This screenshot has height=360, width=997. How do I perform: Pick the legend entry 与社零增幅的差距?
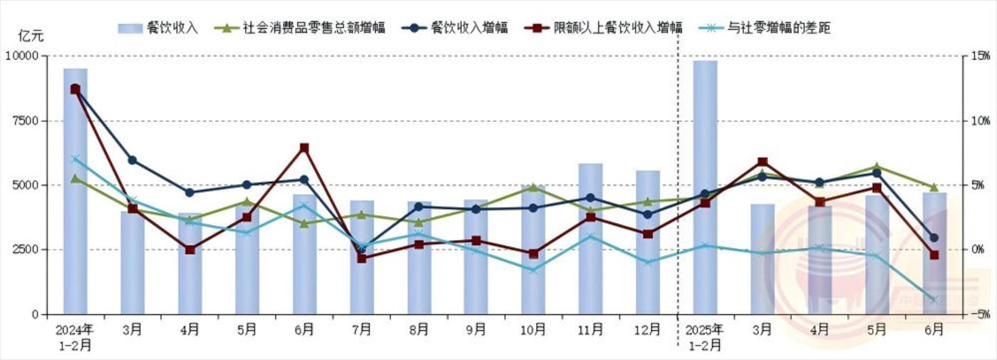point(778,28)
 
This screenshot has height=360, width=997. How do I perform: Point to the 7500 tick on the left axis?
point(24,120)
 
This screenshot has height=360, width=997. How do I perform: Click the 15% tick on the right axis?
point(978,56)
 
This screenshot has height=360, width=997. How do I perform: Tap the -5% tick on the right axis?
point(978,314)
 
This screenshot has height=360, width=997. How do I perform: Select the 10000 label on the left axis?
point(21,56)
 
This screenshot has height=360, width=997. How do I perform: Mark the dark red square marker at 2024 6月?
point(304,148)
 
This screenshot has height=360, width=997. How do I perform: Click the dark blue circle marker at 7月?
point(361,249)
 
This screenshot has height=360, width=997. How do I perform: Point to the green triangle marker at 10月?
point(533,187)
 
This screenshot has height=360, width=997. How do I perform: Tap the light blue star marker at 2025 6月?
point(934,299)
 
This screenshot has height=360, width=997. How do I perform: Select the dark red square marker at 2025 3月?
point(763,163)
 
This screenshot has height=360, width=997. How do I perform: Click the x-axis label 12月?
point(648,330)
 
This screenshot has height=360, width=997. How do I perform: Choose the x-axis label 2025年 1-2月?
point(705,337)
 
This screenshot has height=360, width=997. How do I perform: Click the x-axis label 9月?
point(476,330)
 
